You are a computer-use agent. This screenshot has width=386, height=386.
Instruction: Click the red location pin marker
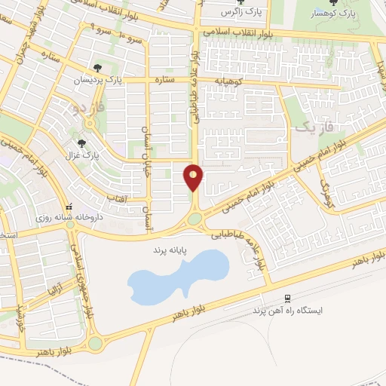click(194, 177)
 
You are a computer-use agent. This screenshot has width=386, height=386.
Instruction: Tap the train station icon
click(287, 298)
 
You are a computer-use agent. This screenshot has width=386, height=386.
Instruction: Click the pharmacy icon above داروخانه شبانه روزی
click(68, 205)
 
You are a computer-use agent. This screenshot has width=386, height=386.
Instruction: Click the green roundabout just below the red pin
click(195, 219)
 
